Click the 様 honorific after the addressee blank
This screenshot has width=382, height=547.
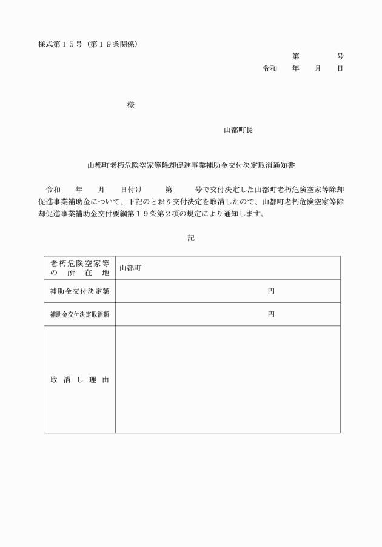tap(131, 105)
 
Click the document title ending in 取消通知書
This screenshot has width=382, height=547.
tap(191, 164)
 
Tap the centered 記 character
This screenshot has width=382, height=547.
tap(191, 239)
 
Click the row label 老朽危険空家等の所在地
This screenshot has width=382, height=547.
tap(79, 268)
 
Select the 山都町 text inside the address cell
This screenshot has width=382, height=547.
tap(130, 268)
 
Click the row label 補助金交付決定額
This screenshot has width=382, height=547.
tap(79, 291)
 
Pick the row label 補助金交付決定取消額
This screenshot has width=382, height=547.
tap(79, 314)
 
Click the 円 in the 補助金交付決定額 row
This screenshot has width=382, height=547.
tap(271, 291)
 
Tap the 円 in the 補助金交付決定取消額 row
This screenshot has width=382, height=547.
tap(271, 314)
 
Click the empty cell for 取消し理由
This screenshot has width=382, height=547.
tap(227, 380)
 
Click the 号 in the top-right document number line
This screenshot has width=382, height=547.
tap(340, 56)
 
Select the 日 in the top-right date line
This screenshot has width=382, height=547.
tap(340, 68)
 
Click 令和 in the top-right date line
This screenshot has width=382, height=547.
tap(270, 68)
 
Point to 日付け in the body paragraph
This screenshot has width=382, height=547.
tap(131, 189)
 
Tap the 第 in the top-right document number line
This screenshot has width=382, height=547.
tap(296, 56)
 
